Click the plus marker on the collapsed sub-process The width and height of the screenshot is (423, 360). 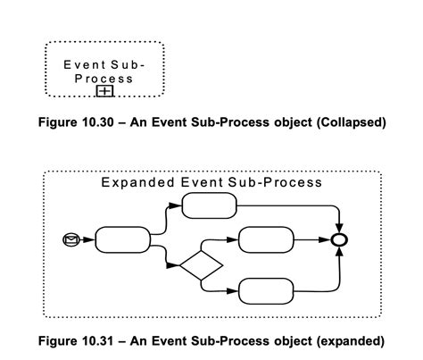(104, 90)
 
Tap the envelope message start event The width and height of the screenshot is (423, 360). (71, 239)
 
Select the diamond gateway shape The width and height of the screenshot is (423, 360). (201, 264)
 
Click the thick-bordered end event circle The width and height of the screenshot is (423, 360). (339, 239)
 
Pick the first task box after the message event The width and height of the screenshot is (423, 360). (122, 239)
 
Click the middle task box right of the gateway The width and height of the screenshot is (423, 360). (265, 239)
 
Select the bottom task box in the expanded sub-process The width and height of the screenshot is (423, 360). (265, 290)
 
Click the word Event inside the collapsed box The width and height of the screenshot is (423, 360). (83, 65)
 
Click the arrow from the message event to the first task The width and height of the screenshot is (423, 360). (87, 239)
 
